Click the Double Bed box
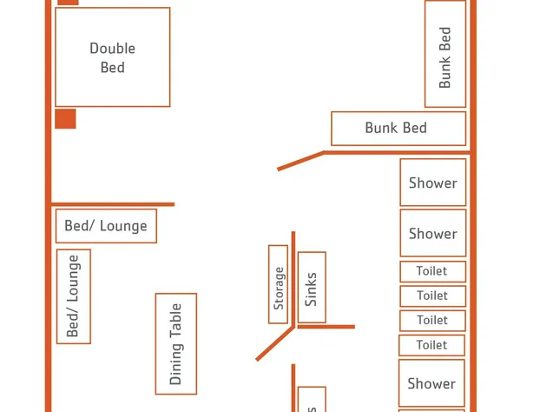[x=112, y=57]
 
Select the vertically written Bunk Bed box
[x=445, y=54]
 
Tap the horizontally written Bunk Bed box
[x=398, y=128]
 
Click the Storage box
[x=278, y=284]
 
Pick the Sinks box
[x=312, y=288]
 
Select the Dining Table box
[x=176, y=343]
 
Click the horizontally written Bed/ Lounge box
[x=106, y=226]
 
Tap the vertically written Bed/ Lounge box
[x=74, y=296]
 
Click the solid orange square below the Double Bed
[x=65, y=118]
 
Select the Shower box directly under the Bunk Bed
[x=432, y=183]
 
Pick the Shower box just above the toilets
[x=432, y=233]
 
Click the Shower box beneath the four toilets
[x=431, y=383]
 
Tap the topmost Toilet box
[x=431, y=271]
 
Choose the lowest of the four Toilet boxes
[x=431, y=345]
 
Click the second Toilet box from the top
[x=431, y=296]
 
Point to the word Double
[x=113, y=49]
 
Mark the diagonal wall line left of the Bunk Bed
[x=300, y=161]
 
